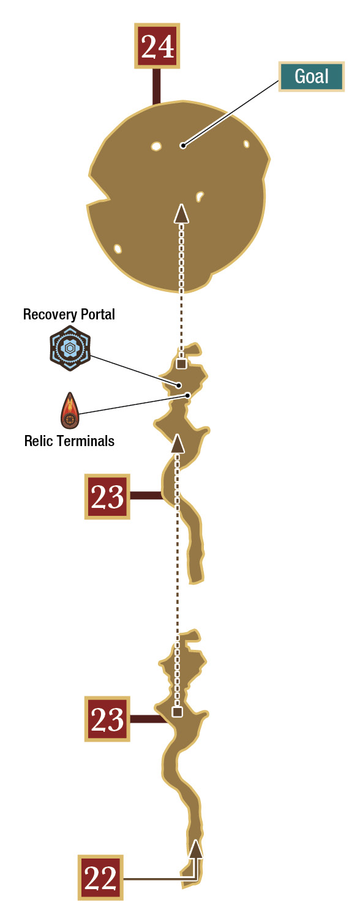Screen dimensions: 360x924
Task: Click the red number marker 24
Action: [157, 46]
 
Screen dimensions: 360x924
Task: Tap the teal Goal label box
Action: [311, 76]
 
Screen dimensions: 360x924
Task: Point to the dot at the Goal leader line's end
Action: [183, 145]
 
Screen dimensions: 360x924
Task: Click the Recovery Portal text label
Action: [69, 315]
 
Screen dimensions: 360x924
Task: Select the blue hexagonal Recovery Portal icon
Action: [70, 348]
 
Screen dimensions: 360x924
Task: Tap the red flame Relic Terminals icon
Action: [70, 411]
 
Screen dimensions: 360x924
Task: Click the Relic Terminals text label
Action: [69, 441]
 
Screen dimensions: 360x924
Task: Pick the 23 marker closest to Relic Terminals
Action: [107, 496]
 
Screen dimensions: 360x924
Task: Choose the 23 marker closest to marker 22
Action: [107, 719]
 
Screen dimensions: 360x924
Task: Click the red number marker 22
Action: [100, 877]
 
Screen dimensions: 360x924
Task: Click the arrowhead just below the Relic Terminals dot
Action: [178, 444]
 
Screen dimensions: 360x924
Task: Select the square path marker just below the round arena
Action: [181, 363]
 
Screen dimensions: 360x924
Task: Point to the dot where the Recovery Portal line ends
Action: [179, 386]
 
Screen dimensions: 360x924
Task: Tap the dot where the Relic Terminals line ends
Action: [187, 395]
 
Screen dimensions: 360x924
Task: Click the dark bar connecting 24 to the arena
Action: [157, 87]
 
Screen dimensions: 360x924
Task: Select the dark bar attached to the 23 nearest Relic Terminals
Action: [146, 496]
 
